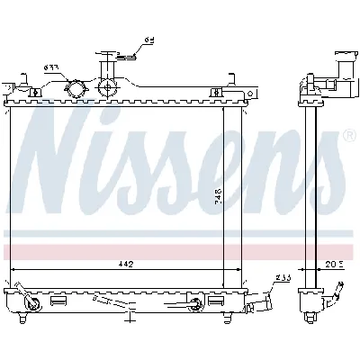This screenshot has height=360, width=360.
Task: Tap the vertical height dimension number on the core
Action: point(217,195)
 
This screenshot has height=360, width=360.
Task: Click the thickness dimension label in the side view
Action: point(333,263)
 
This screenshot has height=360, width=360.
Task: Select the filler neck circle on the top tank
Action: point(111,88)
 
